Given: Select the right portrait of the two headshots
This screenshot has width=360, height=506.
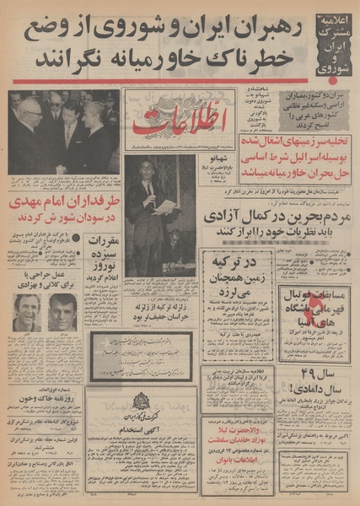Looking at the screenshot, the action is (62, 312).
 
